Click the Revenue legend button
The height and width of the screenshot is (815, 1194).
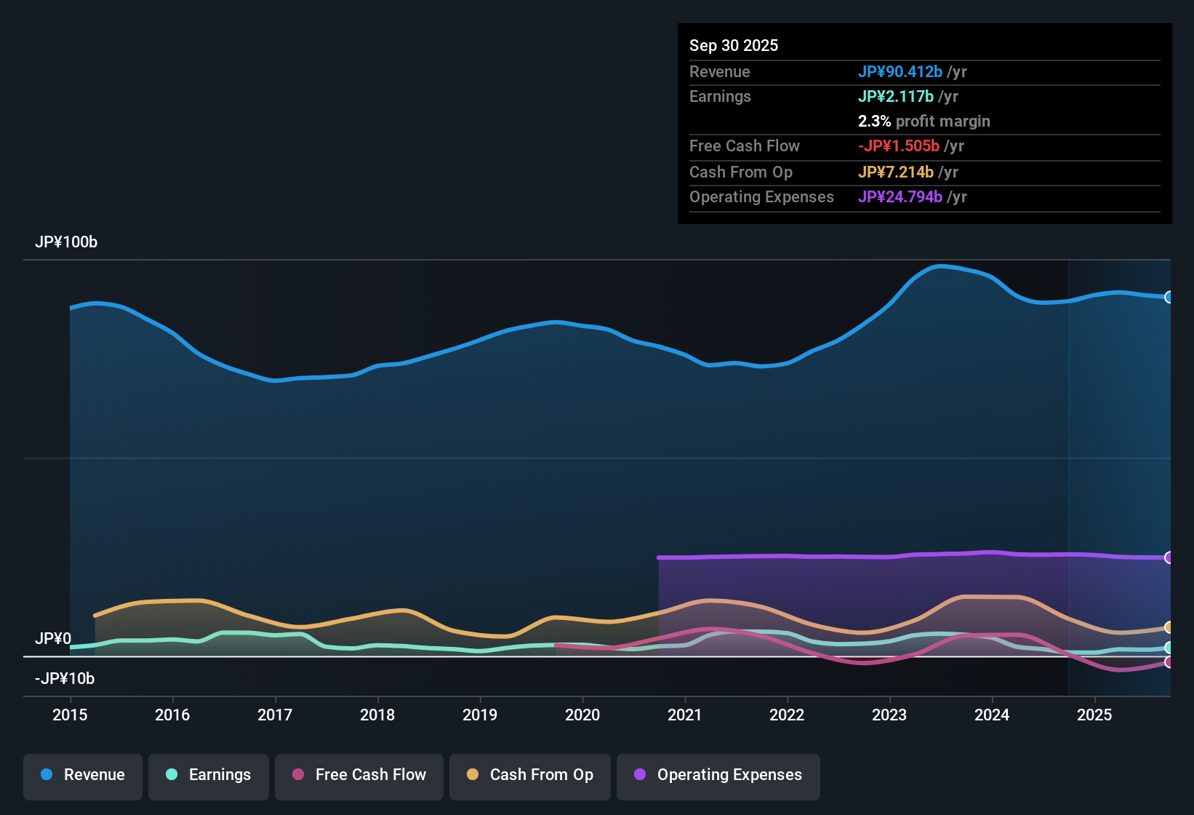point(83,775)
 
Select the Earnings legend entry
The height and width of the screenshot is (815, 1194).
point(209,775)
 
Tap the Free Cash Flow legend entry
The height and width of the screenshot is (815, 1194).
point(359,775)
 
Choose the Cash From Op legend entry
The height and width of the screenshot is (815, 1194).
point(530,775)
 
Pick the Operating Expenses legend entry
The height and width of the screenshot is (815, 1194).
point(718,775)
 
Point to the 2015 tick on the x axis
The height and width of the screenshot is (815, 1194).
point(70,715)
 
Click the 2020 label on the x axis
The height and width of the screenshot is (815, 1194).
point(582,715)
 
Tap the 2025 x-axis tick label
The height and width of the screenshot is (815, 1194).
point(1094,715)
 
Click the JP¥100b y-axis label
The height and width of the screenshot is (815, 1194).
point(66,242)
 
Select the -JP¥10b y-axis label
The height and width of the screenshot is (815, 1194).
point(65,679)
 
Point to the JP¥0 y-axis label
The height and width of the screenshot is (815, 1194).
point(53,639)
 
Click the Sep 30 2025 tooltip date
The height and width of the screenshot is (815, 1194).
point(734,45)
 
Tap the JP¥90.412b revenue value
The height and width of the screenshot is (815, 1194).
point(900,71)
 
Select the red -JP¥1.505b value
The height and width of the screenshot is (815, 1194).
point(899,146)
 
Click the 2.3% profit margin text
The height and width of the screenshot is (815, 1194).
point(924,122)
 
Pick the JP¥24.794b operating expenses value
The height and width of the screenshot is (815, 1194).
point(900,197)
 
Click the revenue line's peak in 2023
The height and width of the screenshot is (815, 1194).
point(940,266)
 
